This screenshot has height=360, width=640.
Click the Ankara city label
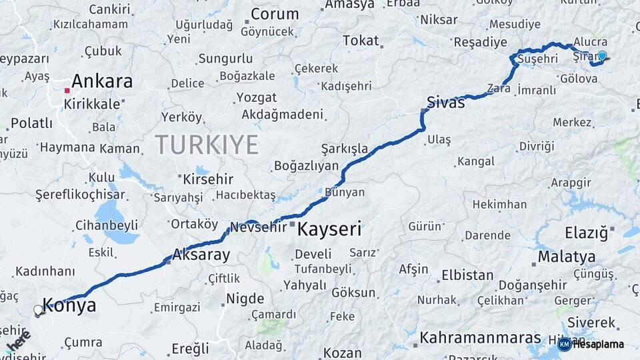point(101,81)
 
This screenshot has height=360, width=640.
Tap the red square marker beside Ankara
point(67,90)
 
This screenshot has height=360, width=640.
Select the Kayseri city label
point(329,230)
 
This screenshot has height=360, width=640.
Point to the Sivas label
point(446,102)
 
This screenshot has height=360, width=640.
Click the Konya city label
point(69,306)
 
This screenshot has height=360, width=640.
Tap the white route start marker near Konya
point(38,310)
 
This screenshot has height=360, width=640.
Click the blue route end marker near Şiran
point(602,56)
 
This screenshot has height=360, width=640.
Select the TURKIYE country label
point(207,144)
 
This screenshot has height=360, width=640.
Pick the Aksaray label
point(201,254)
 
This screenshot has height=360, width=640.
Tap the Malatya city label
point(567,257)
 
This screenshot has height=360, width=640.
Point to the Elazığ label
point(587,233)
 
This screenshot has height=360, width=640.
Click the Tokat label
point(361,41)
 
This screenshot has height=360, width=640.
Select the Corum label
point(275,14)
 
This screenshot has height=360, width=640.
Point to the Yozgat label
point(257,97)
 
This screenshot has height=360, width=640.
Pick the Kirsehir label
point(205,179)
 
